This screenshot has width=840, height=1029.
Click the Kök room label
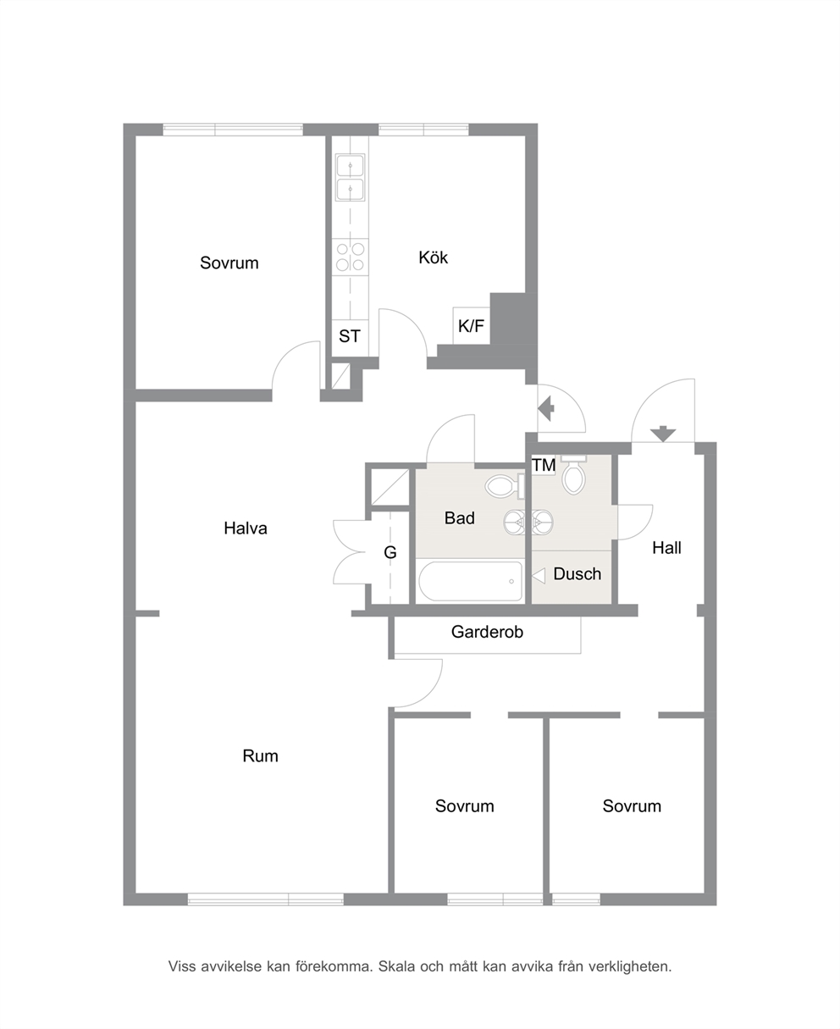[x=433, y=257]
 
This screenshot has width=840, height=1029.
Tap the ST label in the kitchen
[x=349, y=336]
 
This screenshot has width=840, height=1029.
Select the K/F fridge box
[x=471, y=325]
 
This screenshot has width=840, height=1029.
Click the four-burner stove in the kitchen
[x=351, y=257]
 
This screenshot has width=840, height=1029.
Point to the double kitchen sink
[x=350, y=178]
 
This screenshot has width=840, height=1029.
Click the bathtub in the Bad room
[x=470, y=581]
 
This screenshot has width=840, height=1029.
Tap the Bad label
[x=460, y=517]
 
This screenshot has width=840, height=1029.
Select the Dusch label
[x=577, y=573]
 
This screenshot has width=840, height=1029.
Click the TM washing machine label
[x=544, y=465]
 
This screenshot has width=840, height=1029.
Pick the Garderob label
[x=487, y=632]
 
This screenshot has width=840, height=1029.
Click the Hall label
[x=666, y=548]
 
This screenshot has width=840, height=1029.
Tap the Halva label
[x=246, y=528]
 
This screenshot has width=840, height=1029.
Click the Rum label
[x=260, y=755]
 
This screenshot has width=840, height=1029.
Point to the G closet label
[x=390, y=552]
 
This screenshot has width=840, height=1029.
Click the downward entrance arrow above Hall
[x=662, y=434]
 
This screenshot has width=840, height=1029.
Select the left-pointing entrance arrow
[x=546, y=408]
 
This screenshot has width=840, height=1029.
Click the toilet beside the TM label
[x=573, y=475]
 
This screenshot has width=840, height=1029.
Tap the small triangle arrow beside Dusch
[x=539, y=576]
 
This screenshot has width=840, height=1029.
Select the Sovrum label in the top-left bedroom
[x=229, y=263]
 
